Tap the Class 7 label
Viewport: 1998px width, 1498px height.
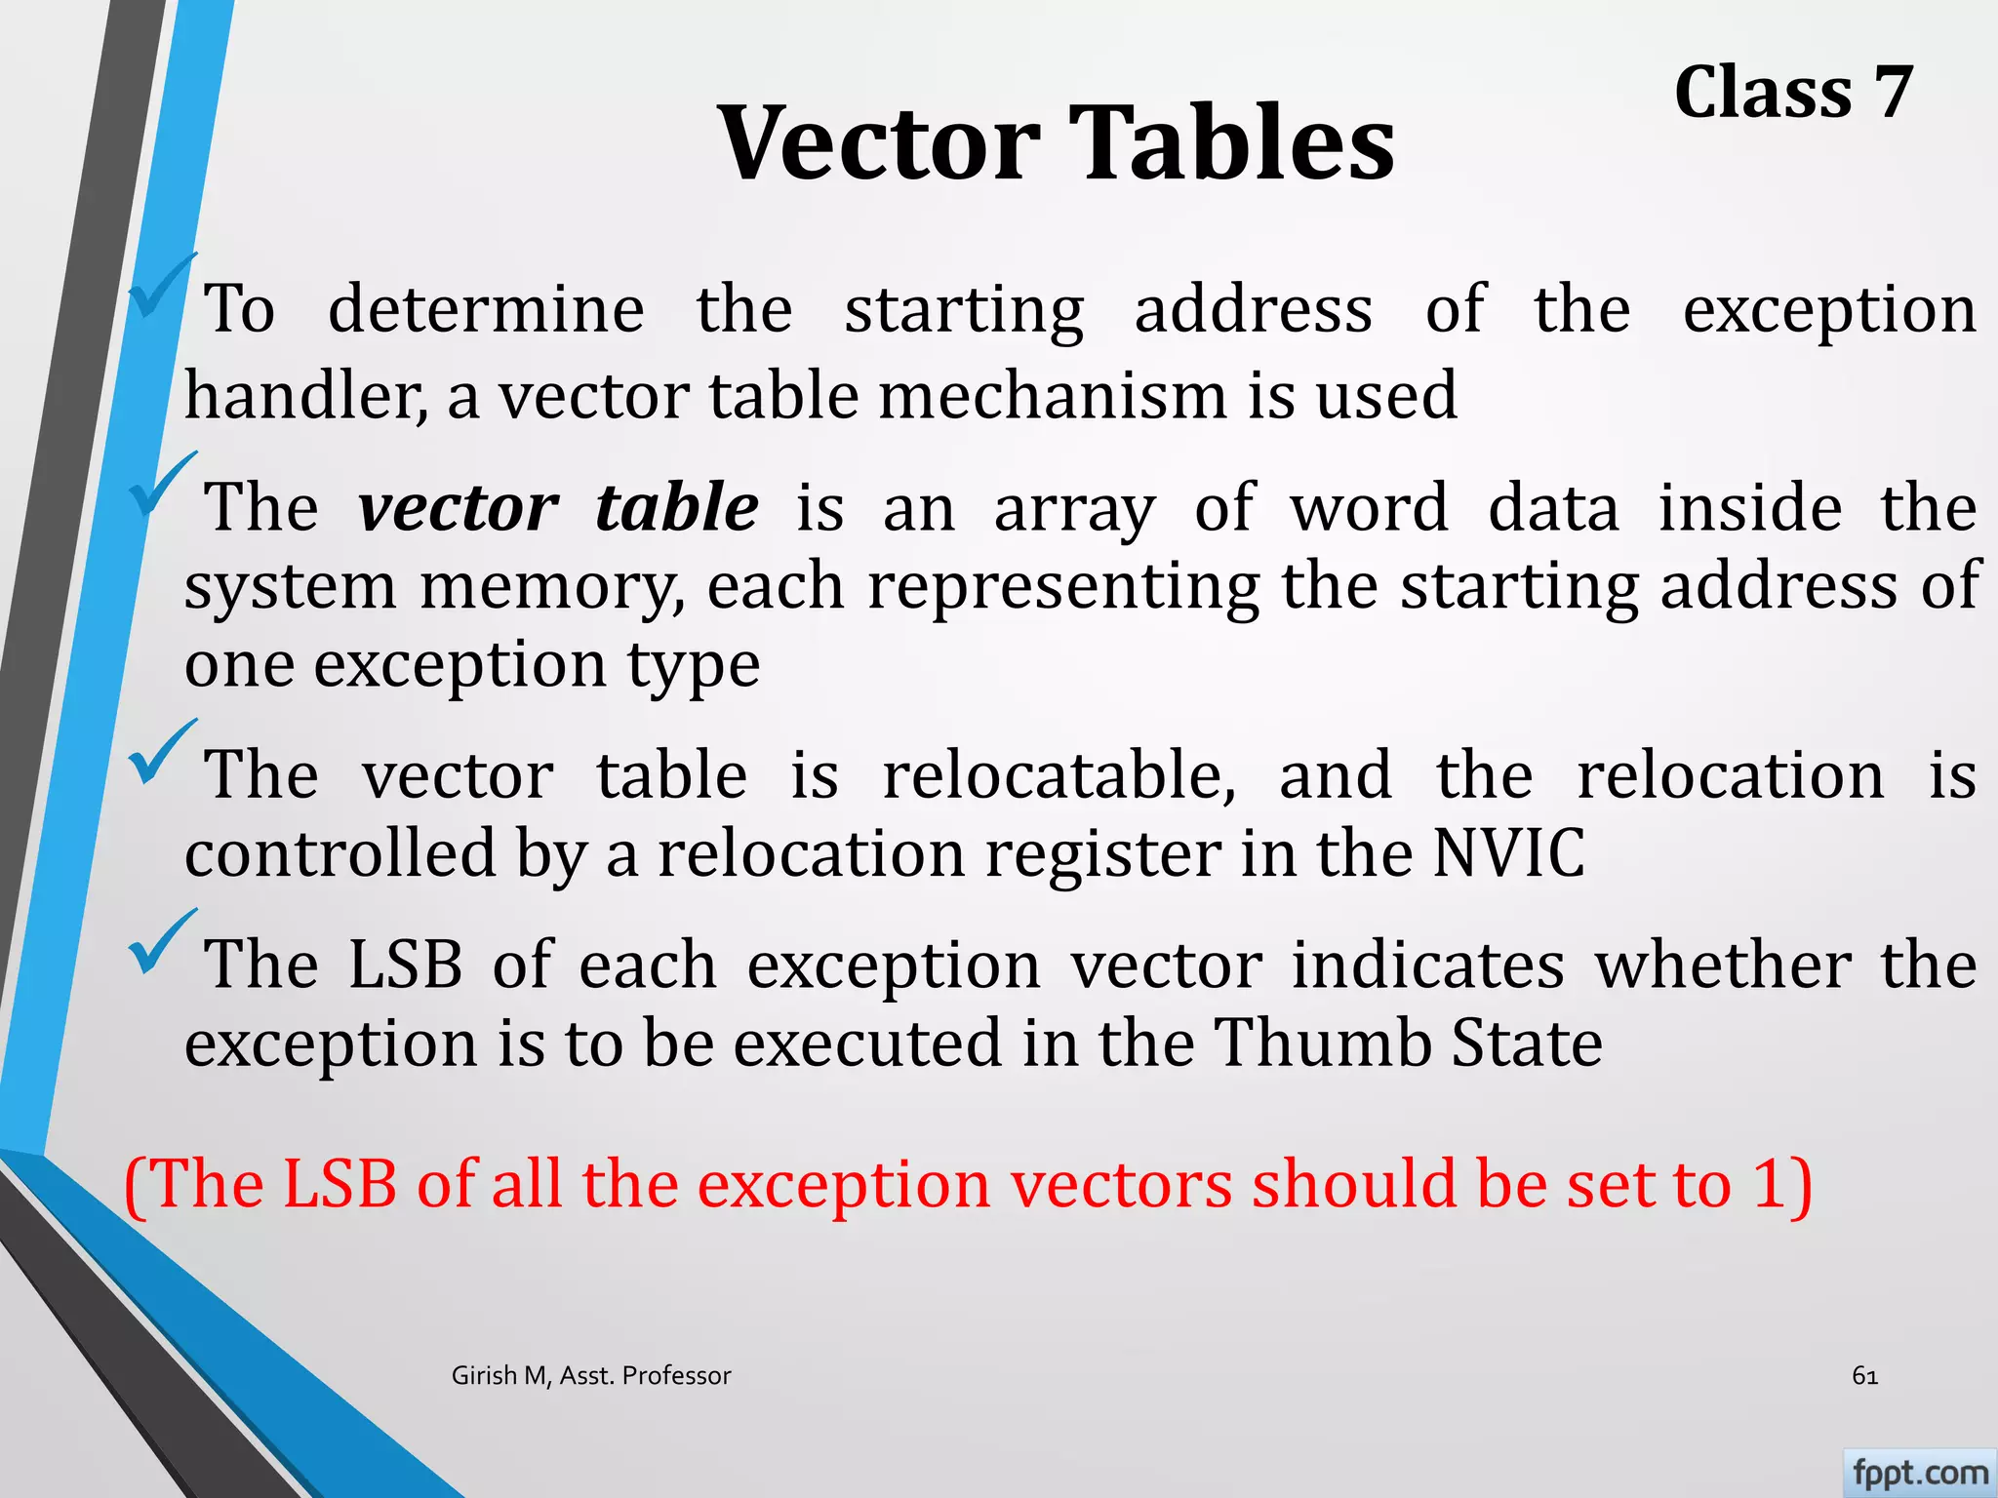[x=1793, y=93]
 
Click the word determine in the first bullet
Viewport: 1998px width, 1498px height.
[x=486, y=310]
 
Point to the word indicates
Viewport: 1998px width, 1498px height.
[x=1428, y=966]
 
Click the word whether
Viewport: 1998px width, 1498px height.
[x=1723, y=966]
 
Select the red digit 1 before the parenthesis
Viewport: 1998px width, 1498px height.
[x=1770, y=1184]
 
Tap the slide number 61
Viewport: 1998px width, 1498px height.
[x=1864, y=1376]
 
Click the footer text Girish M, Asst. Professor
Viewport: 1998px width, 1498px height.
[x=591, y=1376]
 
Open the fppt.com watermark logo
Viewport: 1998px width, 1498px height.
[x=1919, y=1473]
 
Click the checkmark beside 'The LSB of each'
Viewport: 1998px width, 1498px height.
[x=160, y=944]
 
